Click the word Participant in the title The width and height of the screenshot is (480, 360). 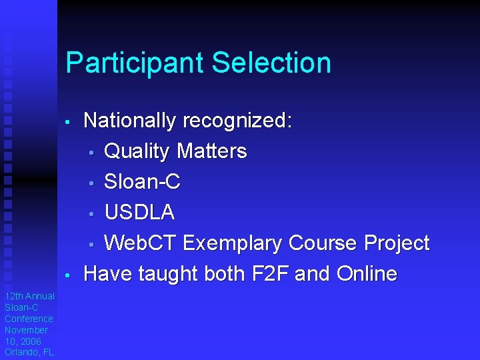tap(135, 63)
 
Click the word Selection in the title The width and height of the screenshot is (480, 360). tap(271, 63)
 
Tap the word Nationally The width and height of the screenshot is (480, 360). tap(129, 121)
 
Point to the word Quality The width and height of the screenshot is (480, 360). tap(137, 152)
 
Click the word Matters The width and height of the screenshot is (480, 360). tap(211, 151)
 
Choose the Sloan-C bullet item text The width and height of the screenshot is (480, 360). tap(143, 182)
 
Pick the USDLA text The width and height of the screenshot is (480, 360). tap(140, 213)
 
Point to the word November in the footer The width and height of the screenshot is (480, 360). tap(26, 330)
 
